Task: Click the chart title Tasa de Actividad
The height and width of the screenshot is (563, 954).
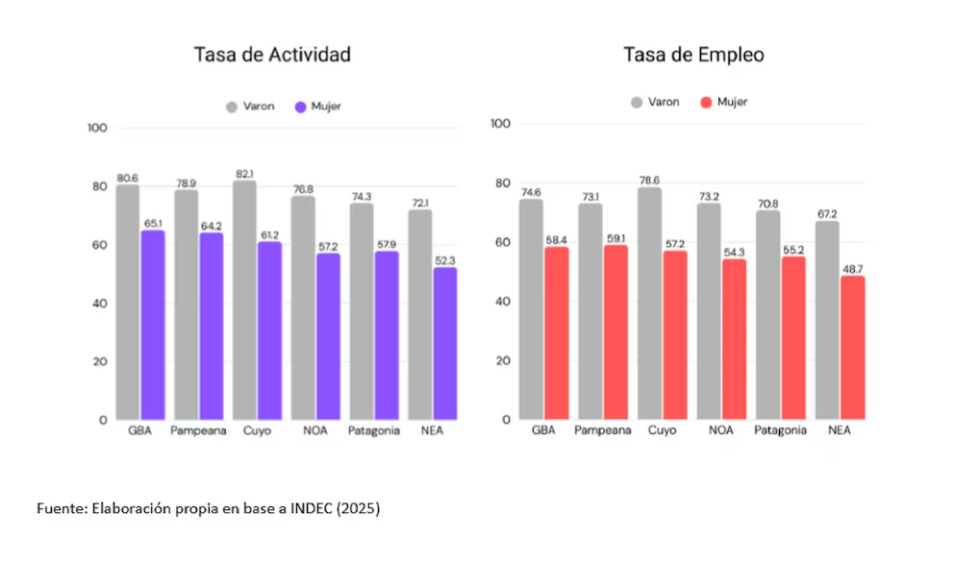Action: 271,55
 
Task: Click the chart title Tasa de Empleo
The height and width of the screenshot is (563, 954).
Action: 693,55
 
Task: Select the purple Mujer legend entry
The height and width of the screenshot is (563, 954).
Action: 318,107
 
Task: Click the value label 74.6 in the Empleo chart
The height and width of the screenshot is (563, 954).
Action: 532,192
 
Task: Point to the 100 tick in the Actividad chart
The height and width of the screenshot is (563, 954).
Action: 97,128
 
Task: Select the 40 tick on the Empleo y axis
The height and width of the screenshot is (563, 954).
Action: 500,302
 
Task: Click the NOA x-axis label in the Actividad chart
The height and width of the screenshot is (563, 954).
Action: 314,430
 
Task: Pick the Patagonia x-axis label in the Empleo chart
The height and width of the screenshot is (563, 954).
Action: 780,430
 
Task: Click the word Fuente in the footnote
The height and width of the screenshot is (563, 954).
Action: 60,508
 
